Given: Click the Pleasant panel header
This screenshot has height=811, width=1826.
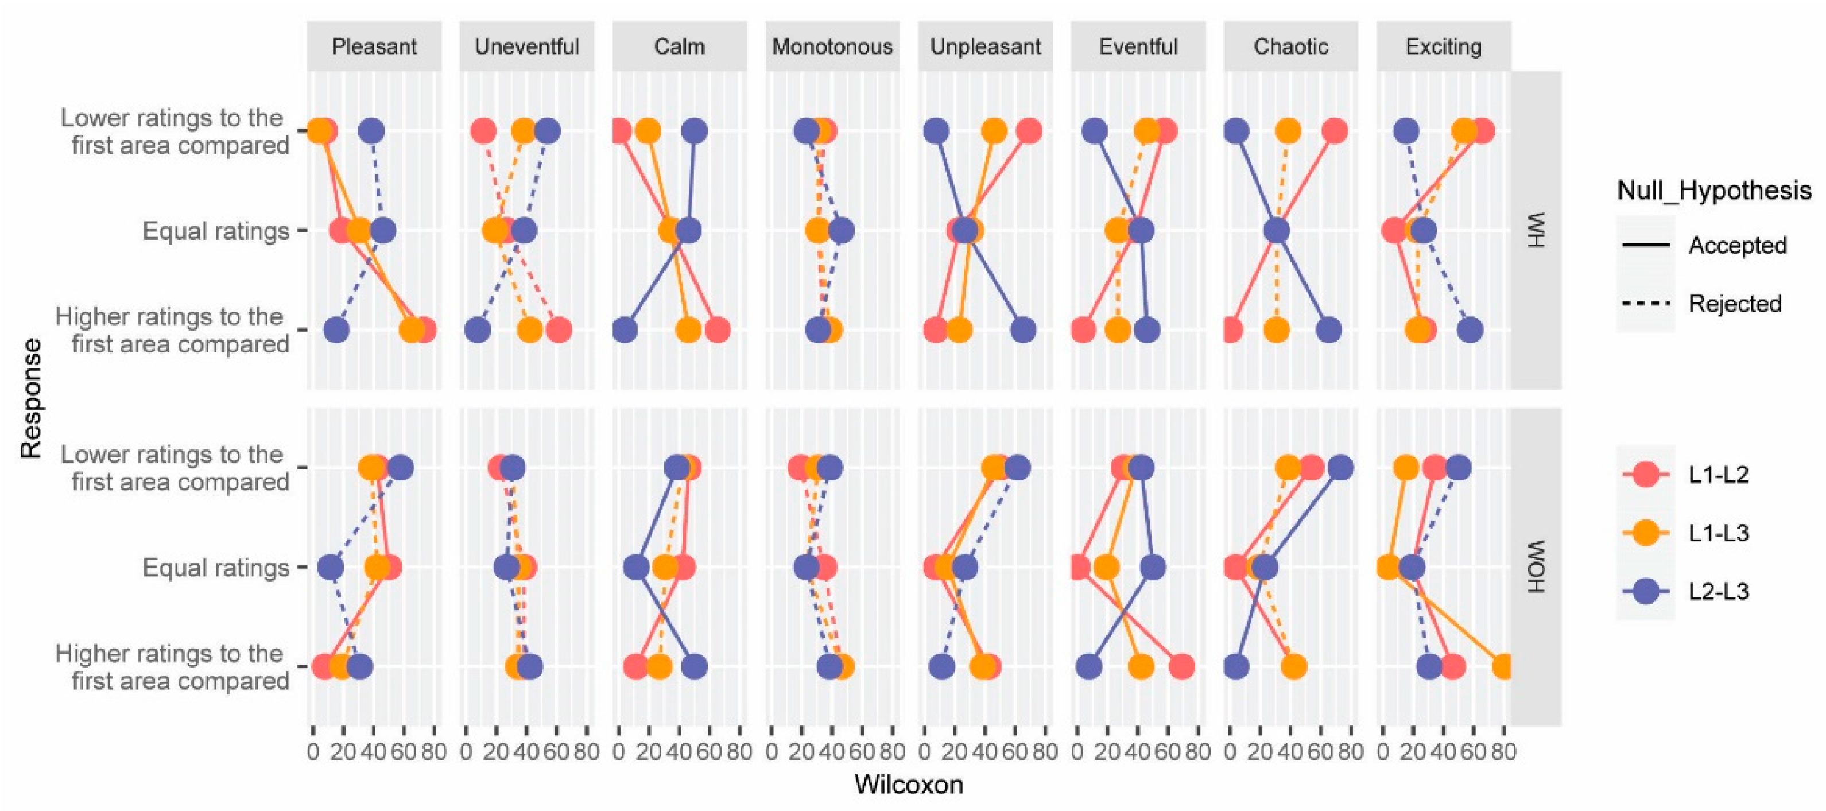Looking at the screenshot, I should [x=374, y=47].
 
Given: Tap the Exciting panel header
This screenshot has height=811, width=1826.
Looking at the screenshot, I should [x=1443, y=47].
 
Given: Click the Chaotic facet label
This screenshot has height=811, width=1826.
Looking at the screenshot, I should [x=1290, y=47].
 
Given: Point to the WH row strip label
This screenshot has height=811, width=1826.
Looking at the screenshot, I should [x=1536, y=230].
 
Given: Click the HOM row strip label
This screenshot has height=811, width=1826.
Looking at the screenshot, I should [x=1536, y=567].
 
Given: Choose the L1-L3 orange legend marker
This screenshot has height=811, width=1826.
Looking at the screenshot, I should [x=1645, y=533].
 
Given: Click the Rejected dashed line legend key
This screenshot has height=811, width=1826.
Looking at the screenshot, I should [x=1645, y=304].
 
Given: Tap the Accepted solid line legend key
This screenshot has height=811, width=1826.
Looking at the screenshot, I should [x=1645, y=245].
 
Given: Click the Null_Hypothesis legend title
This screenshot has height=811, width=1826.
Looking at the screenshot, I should [x=1713, y=190].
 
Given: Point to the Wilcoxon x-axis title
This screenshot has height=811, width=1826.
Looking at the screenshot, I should [x=908, y=785].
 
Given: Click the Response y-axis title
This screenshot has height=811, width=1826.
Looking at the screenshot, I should [x=31, y=398].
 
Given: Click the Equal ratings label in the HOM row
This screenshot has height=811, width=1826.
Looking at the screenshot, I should [x=216, y=568].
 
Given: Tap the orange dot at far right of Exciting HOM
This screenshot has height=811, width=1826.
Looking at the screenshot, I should [x=1503, y=667].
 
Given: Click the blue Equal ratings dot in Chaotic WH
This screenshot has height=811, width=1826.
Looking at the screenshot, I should [x=1277, y=230].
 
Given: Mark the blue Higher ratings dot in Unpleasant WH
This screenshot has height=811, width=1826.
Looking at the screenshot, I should [x=1023, y=329].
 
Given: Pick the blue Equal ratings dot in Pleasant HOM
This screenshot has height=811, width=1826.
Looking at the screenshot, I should [x=330, y=567].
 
